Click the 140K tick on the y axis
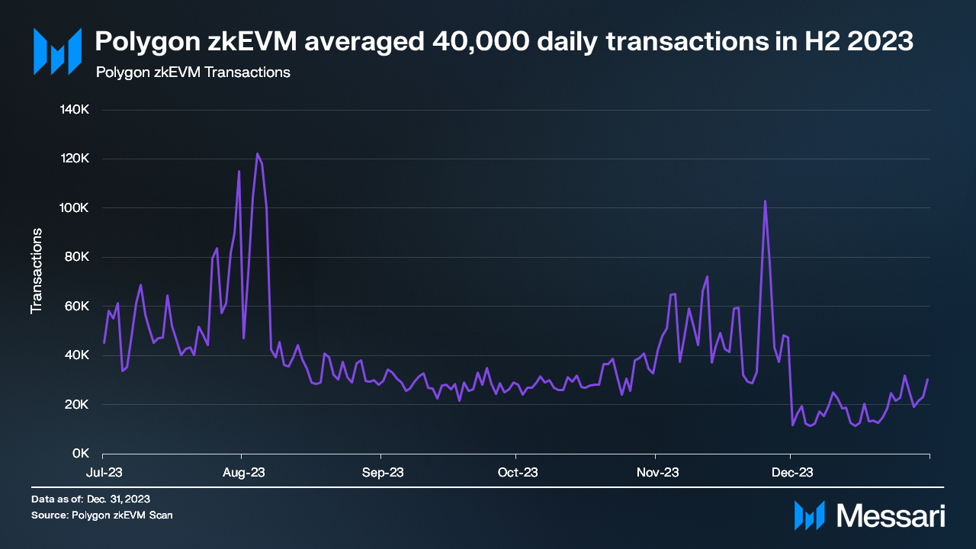click(x=75, y=110)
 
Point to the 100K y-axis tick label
click(x=75, y=208)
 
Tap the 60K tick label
click(x=78, y=307)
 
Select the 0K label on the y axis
click(x=81, y=454)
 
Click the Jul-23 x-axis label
click(x=104, y=473)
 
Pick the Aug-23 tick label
click(x=244, y=473)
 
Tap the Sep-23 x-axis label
click(x=383, y=473)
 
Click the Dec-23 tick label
click(x=791, y=473)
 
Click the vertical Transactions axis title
click(x=36, y=271)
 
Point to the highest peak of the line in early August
click(x=258, y=154)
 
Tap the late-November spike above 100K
click(x=765, y=201)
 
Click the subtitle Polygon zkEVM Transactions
click(x=192, y=73)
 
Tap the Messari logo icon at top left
click(x=56, y=50)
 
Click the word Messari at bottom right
click(x=891, y=515)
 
